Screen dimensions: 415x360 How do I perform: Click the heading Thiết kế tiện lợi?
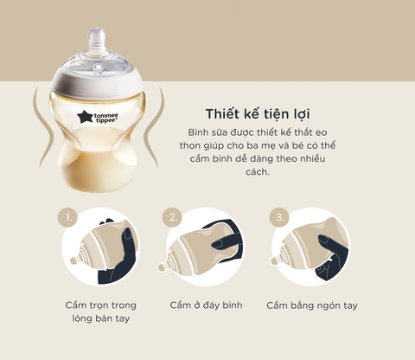click(x=258, y=114)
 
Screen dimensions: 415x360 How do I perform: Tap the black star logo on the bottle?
click(x=84, y=118)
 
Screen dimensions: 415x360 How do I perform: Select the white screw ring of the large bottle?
click(x=97, y=84)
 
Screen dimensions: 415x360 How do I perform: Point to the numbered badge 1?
click(x=67, y=217)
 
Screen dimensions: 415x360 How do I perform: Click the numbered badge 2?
click(x=172, y=217)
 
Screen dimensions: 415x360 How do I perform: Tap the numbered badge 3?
click(x=279, y=217)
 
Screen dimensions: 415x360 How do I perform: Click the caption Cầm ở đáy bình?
click(x=206, y=305)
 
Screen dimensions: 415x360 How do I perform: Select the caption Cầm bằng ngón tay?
click(x=312, y=305)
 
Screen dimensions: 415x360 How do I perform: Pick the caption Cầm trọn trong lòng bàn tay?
click(x=100, y=312)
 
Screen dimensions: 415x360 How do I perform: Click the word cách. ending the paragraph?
click(x=258, y=171)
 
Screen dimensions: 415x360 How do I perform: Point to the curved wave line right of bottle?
click(x=154, y=128)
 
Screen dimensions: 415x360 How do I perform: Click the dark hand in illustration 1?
click(x=121, y=257)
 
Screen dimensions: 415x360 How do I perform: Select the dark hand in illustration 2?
click(x=227, y=242)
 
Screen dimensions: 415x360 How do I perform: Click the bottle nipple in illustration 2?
click(x=162, y=267)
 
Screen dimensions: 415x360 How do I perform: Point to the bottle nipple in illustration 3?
click(x=275, y=261)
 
